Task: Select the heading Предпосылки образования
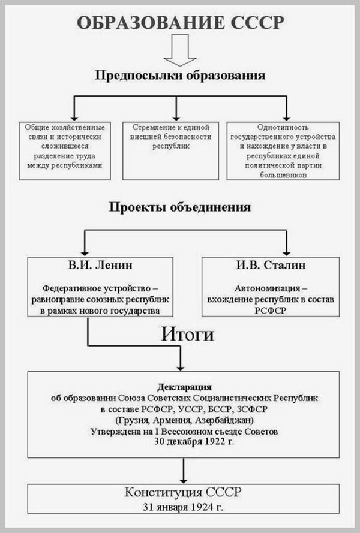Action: coord(180,77)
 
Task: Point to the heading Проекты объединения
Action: coord(180,207)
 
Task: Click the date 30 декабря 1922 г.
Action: coord(193,442)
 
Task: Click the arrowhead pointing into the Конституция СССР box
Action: coord(181,480)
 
